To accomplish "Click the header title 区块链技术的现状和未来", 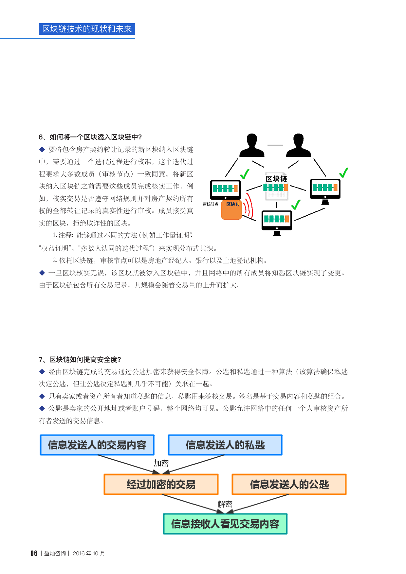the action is click(x=87, y=29).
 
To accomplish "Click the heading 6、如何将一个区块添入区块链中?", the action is click(x=90, y=137).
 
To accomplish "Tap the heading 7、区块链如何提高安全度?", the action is click(x=80, y=360).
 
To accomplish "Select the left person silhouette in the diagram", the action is click(x=252, y=145).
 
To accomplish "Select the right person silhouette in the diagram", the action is click(x=298, y=145).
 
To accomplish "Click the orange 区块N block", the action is click(x=232, y=210).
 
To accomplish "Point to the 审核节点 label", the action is click(x=211, y=204).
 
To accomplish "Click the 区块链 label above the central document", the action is click(x=276, y=179).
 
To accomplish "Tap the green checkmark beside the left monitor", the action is click(x=245, y=174).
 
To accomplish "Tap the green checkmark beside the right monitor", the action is click(x=343, y=172).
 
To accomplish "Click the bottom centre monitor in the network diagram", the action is click(x=277, y=223).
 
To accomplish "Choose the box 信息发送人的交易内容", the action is click(x=97, y=445).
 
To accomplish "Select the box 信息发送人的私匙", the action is click(x=225, y=445).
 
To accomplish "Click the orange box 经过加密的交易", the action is click(x=161, y=484).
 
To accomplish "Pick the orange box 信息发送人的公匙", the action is click(x=289, y=484).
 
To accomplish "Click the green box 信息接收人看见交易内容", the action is click(x=225, y=524).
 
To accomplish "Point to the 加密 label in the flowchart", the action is click(x=161, y=463).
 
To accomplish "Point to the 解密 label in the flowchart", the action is click(x=225, y=504).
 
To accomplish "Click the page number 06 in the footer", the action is click(x=34, y=553).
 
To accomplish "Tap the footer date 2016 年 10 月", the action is click(x=89, y=553).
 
